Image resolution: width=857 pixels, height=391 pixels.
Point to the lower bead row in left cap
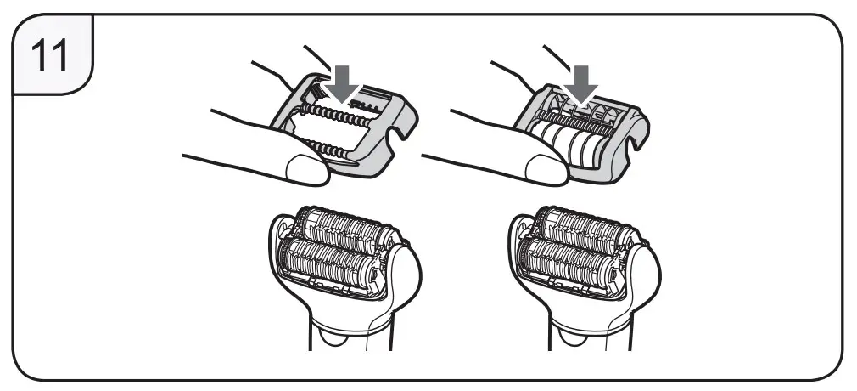coord(327,149)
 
